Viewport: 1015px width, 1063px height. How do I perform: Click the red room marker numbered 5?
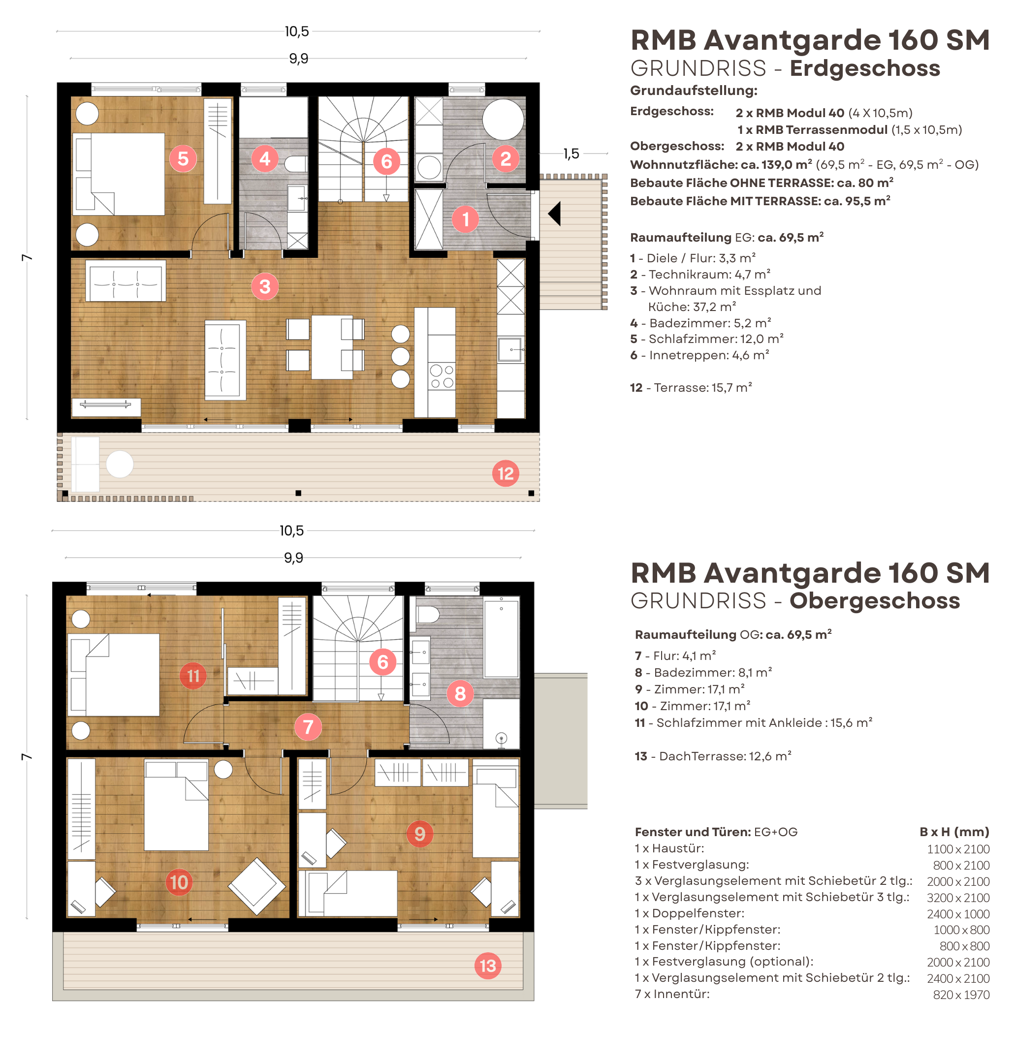click(183, 158)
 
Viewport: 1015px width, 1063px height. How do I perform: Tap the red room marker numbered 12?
click(506, 473)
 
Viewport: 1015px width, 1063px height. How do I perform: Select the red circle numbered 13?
click(487, 966)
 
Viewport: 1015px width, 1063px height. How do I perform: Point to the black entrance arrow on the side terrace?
click(554, 214)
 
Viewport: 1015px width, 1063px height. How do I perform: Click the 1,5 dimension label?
click(571, 154)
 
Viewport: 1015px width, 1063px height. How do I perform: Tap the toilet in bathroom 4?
click(296, 164)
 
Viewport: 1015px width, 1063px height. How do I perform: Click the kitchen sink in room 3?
click(509, 349)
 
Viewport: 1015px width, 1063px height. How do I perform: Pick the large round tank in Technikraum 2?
click(503, 119)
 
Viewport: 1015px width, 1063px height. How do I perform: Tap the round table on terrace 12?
click(120, 464)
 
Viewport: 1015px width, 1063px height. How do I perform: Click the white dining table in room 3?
click(332, 347)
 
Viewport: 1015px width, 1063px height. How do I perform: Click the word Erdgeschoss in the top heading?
click(864, 68)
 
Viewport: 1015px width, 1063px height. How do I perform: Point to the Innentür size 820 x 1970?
click(961, 995)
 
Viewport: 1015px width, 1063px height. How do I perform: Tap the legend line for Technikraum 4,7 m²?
click(700, 274)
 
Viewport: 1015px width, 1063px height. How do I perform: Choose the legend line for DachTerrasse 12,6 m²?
click(713, 756)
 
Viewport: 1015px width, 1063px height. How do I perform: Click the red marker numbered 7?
click(308, 726)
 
